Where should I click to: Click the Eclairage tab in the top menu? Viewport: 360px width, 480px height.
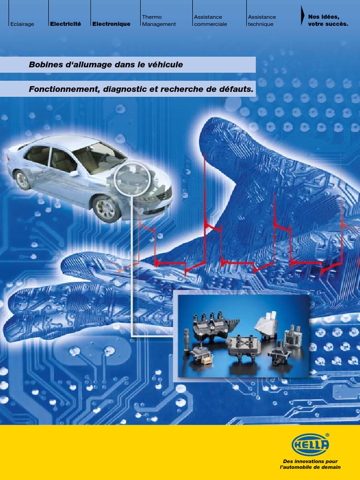[22, 24]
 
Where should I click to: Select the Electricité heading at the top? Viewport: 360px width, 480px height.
[66, 24]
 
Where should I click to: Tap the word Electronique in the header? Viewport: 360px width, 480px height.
[112, 24]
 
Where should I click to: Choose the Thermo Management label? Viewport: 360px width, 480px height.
[159, 21]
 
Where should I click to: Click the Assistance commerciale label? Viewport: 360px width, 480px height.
[210, 21]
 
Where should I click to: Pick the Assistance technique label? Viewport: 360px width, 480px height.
[262, 21]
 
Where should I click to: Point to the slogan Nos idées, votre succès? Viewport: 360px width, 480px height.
[328, 21]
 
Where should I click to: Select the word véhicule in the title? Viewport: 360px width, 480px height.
[167, 65]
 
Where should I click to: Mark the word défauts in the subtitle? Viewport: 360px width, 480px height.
[235, 89]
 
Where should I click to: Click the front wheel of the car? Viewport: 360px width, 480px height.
[106, 209]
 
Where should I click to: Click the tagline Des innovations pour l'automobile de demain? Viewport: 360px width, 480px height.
[310, 464]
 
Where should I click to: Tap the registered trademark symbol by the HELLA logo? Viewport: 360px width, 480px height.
[327, 435]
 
